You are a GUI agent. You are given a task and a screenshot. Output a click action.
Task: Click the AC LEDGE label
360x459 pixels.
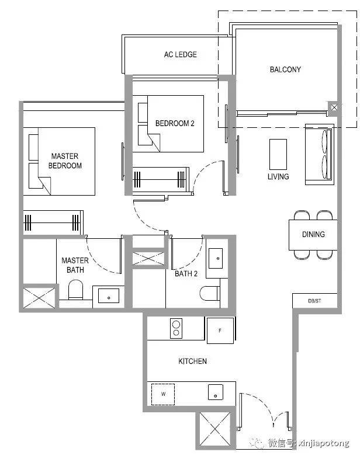coord(180,54)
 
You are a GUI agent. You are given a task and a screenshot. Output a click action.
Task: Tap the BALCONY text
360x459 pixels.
coord(285,69)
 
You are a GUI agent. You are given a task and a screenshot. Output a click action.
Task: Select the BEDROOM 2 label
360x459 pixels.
coord(175,123)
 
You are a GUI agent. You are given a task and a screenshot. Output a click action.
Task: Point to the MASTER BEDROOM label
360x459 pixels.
coord(65,161)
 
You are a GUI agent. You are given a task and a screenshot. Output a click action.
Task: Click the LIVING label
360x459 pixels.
coord(278,176)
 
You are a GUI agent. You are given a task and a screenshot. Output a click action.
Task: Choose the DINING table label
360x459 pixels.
coord(313,234)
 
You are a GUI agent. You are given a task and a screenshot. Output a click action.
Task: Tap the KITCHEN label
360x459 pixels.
coord(192,361)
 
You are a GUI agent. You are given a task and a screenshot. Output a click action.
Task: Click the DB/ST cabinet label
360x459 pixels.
coord(314,301)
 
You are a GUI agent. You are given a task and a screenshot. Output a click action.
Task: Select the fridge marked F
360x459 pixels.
coord(220,331)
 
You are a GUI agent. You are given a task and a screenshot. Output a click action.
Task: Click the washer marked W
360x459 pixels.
coord(163,394)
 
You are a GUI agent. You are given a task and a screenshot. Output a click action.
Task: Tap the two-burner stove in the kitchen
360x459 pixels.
coord(176,328)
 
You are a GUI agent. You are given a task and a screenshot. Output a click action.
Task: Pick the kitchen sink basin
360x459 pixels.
coord(215,392)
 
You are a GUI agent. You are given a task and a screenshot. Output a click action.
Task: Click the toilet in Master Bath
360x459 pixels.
coord(75,290)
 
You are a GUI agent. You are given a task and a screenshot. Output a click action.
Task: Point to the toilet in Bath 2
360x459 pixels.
coord(210,293)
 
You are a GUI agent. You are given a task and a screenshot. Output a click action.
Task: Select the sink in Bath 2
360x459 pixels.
coord(215,258)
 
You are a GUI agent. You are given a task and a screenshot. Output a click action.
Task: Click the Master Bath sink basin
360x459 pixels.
coord(109,295)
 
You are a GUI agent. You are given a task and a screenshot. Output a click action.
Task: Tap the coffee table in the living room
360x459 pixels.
coord(278,155)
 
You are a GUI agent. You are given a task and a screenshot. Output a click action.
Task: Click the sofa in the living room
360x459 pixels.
coord(320,154)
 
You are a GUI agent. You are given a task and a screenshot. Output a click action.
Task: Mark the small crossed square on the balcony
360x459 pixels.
coord(334,107)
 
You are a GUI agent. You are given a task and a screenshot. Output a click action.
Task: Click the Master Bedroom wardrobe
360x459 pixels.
coord(53,222)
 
